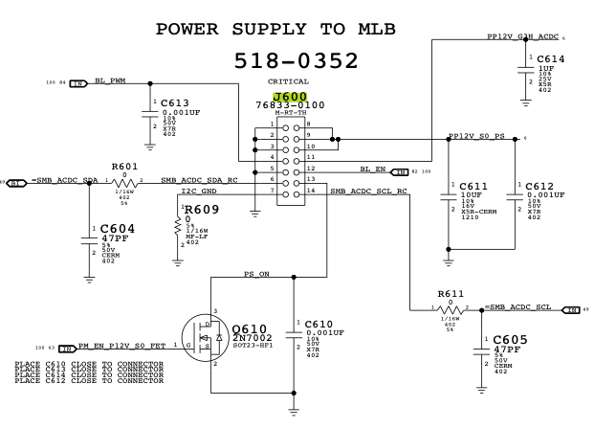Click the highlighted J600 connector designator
(289, 98)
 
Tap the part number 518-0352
(297, 60)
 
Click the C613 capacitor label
(175, 102)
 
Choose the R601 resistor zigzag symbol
(124, 181)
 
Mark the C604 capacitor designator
(119, 230)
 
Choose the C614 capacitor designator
(550, 59)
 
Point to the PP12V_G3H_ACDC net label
(522, 37)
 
